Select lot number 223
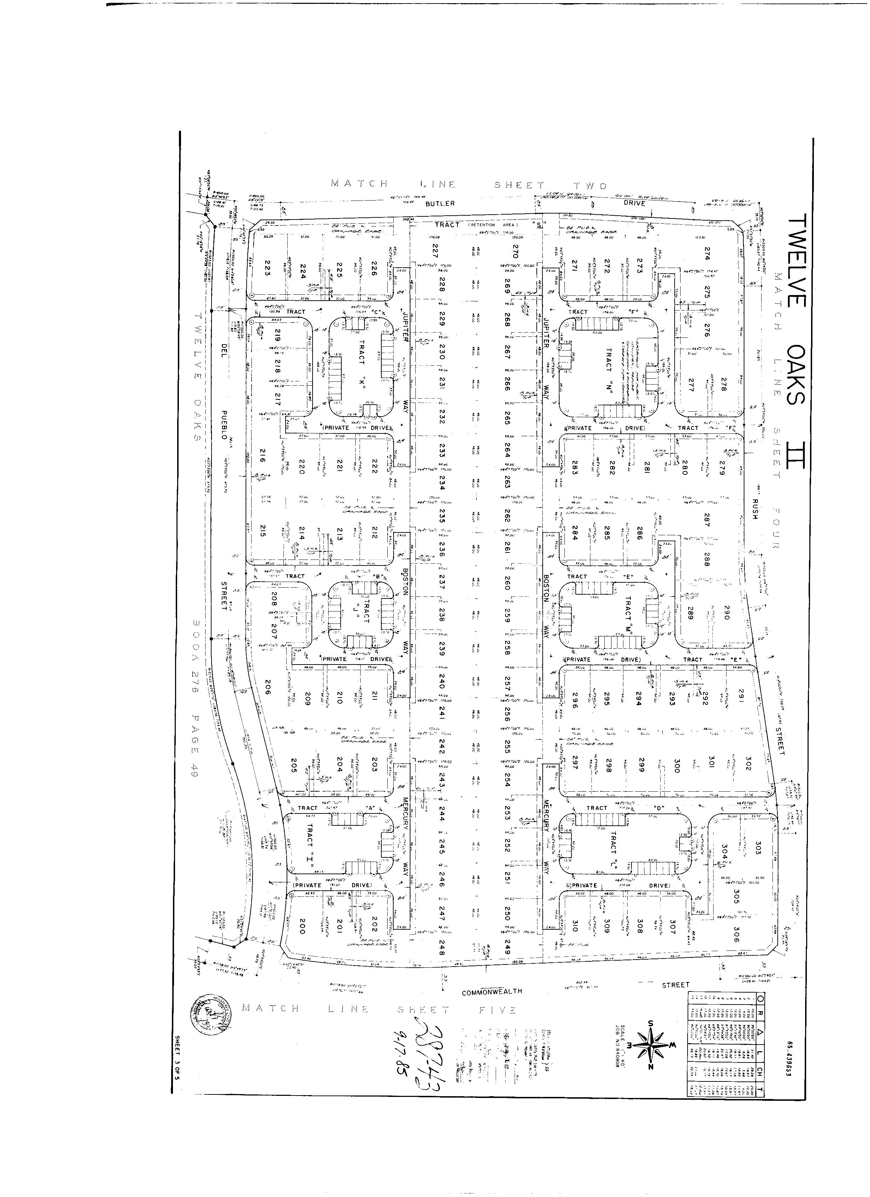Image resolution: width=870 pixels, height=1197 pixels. (x=267, y=271)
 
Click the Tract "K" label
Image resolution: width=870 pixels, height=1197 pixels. (x=362, y=370)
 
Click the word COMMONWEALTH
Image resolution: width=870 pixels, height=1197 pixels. (x=492, y=991)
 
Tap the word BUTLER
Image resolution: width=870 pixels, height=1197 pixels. (x=440, y=203)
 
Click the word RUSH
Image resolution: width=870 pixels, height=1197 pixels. (x=755, y=509)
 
